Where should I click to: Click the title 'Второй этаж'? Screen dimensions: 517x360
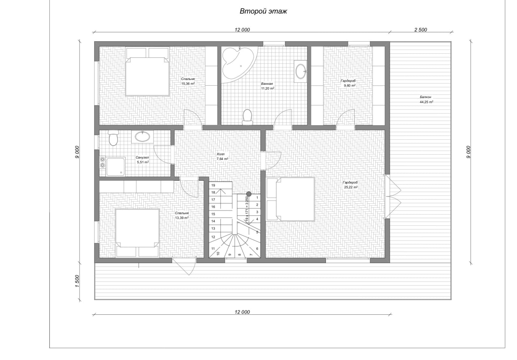[x=263, y=11]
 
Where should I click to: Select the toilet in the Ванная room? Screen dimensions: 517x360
[x=248, y=117]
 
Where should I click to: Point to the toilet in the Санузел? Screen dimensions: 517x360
[x=113, y=138]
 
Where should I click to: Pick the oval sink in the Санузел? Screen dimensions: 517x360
[x=143, y=137]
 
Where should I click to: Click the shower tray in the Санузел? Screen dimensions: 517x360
[x=116, y=166]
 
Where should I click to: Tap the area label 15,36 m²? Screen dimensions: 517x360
[x=188, y=84]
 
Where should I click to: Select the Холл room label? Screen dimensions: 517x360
[x=221, y=154]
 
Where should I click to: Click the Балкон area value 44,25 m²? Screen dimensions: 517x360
[x=426, y=102]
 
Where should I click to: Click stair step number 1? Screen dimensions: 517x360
[x=257, y=198]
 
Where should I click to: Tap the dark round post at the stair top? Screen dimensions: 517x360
[x=248, y=194]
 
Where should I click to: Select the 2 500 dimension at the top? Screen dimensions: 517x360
[x=420, y=29]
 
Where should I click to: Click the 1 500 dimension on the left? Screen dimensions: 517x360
[x=77, y=281]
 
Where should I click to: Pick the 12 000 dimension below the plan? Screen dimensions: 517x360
[x=242, y=312]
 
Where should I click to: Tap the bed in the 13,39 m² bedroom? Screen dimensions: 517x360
[x=137, y=233]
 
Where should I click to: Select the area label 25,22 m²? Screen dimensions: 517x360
[x=351, y=187]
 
